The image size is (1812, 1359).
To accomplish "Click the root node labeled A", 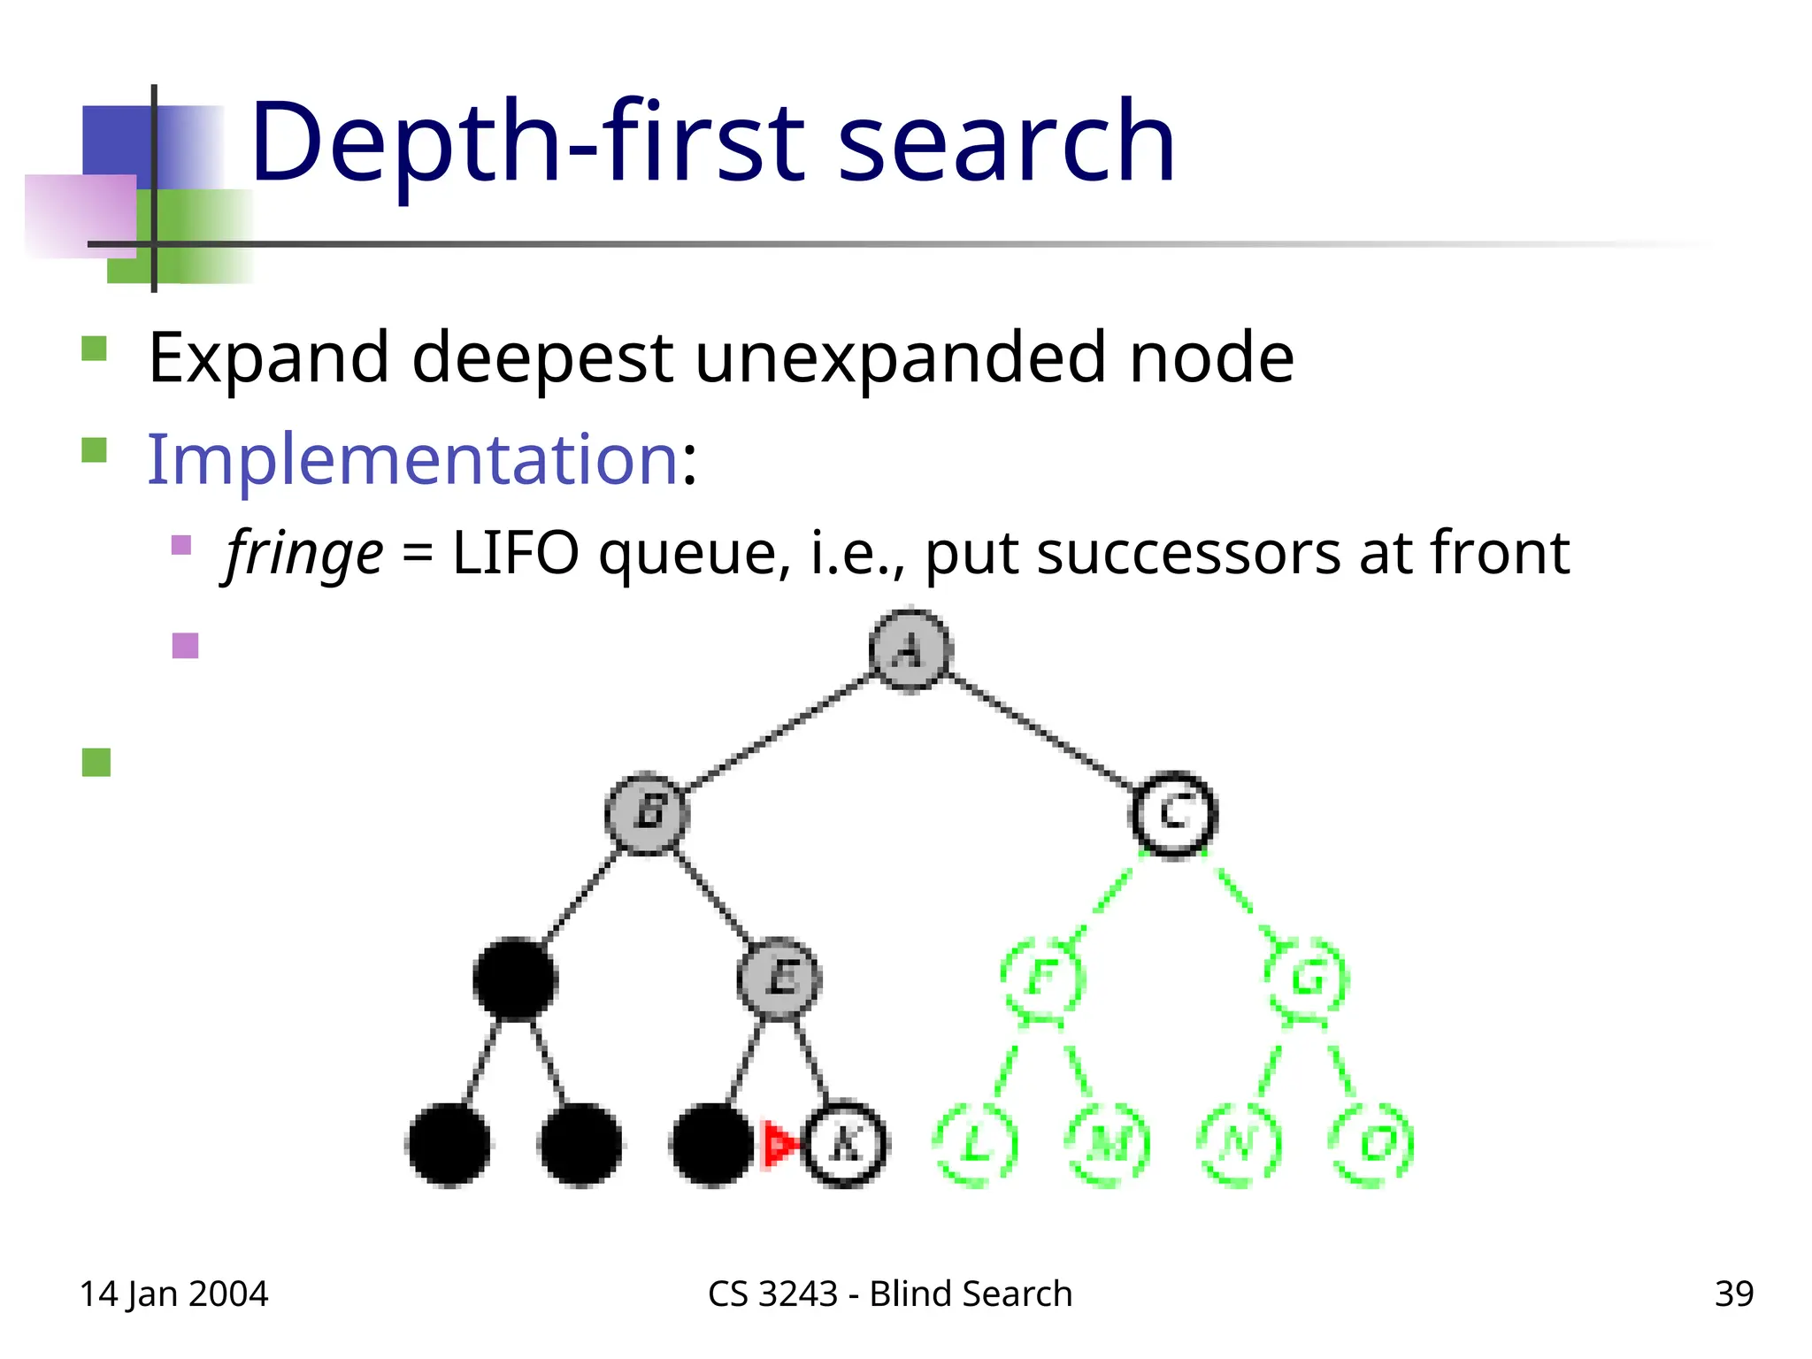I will pos(910,651).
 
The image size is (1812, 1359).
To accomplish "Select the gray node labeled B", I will pos(648,812).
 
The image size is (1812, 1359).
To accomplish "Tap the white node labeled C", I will pos(1174,812).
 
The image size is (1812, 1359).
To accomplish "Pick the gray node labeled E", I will pos(779,978).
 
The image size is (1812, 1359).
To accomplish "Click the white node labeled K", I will pos(844,1144).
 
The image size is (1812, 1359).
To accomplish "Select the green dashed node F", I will pos(1043,978).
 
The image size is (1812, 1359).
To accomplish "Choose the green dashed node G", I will pos(1307,978).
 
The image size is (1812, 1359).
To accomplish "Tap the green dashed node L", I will pos(976,1144).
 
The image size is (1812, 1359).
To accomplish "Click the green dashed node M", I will pos(1109,1144).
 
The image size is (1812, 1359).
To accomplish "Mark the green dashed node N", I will pos(1240,1144).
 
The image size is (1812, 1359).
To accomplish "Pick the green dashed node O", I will pos(1372,1144).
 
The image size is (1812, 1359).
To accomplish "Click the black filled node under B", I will pos(515,978).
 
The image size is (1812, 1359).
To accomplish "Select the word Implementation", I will pos(412,459).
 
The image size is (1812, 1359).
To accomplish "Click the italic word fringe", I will pos(304,554).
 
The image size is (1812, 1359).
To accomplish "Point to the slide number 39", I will pos(1733,1294).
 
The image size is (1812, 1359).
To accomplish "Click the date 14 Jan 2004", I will pos(173,1294).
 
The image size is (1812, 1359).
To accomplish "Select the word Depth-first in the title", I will pos(526,143).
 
